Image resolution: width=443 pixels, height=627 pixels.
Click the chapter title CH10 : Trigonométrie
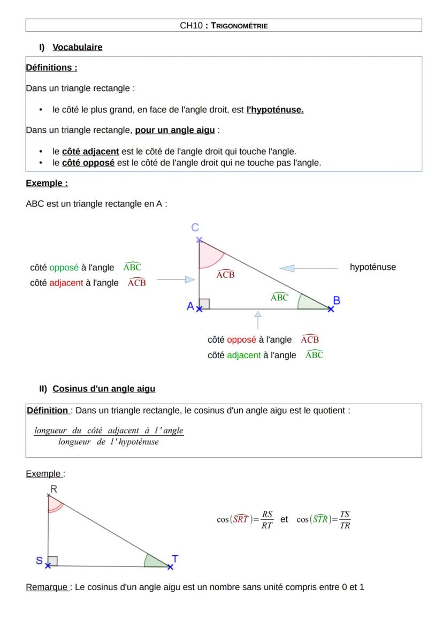tap(224, 25)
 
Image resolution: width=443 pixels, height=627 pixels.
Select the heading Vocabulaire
tap(77, 47)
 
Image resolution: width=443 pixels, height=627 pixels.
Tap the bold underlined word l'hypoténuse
tap(274, 110)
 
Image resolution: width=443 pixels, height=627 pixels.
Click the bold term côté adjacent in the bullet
tap(90, 152)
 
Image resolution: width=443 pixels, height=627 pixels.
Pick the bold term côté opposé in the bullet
tap(88, 162)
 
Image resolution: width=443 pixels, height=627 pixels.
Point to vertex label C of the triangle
tap(196, 228)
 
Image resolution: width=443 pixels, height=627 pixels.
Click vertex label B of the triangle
tap(336, 301)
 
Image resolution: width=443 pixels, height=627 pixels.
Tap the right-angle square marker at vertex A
tap(204, 304)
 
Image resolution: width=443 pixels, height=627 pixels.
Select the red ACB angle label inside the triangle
tap(225, 274)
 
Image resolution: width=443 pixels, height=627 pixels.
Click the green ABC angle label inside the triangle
tap(280, 297)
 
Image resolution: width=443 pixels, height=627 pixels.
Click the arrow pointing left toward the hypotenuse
tap(287, 267)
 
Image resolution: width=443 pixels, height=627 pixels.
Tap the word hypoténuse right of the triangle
tap(373, 267)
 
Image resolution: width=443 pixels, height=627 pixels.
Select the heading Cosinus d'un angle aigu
tap(104, 389)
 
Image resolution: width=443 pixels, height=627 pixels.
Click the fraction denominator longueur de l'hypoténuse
tap(109, 442)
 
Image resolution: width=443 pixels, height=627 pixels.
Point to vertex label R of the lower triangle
tap(54, 488)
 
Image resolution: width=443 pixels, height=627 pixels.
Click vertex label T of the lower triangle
tap(175, 558)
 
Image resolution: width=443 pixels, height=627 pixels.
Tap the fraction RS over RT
tap(268, 519)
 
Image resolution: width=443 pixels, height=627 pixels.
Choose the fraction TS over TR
tap(345, 519)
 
